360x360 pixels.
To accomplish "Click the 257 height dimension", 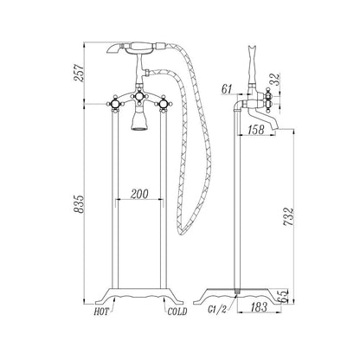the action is click(x=79, y=73).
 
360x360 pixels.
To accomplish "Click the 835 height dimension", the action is click(x=79, y=204).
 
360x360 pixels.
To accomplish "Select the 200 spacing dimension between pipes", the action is click(x=139, y=194).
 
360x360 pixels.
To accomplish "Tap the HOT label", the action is click(x=101, y=312).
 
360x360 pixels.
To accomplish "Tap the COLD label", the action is click(x=177, y=312).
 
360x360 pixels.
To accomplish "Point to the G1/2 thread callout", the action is click(x=217, y=310).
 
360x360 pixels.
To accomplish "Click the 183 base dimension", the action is click(x=259, y=307).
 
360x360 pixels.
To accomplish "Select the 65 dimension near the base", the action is click(x=285, y=295).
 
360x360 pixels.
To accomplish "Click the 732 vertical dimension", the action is click(x=288, y=216).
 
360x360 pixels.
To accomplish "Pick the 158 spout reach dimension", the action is click(x=256, y=130).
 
